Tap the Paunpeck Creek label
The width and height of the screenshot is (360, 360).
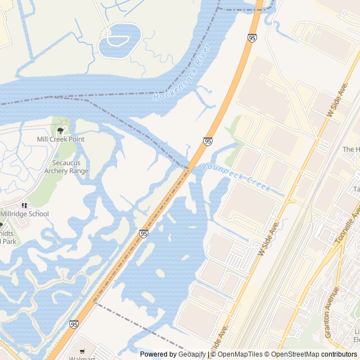[236, 176]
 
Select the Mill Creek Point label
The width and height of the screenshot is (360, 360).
[60, 139]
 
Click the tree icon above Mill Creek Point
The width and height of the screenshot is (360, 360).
[60, 130]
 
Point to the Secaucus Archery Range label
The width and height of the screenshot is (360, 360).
[66, 166]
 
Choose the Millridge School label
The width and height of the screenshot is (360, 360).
[24, 214]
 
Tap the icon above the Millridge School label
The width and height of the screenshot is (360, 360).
[24, 205]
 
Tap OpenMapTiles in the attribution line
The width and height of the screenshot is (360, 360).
[240, 354]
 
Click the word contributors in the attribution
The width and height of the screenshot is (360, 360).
[339, 354]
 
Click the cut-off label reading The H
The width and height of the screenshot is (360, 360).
[351, 149]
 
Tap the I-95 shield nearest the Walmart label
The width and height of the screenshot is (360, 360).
[74, 325]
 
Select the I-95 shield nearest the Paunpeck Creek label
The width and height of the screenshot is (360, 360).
[208, 141]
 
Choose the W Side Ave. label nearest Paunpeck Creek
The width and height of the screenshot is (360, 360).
[268, 238]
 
